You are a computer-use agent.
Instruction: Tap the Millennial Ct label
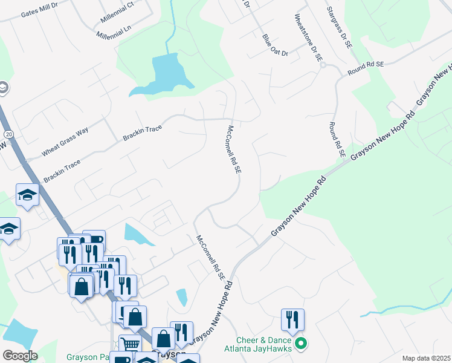tap(117, 12)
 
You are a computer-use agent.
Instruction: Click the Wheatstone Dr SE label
tap(309, 38)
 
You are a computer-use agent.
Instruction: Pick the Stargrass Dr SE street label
tap(338, 28)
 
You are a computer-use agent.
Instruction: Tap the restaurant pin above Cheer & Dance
tap(292, 319)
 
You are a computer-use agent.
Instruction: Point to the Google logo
tap(20, 355)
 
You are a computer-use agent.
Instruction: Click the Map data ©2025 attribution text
tap(426, 358)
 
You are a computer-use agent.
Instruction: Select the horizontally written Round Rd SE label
tap(366, 68)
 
